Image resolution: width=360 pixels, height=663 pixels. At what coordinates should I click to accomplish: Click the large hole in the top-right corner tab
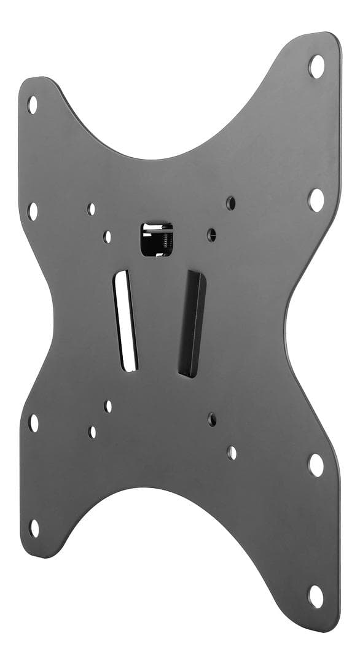pyautogui.click(x=316, y=66)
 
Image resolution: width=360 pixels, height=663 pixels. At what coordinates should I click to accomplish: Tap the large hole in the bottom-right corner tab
pyautogui.click(x=316, y=596)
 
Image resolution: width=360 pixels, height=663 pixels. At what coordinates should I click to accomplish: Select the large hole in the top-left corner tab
pyautogui.click(x=33, y=104)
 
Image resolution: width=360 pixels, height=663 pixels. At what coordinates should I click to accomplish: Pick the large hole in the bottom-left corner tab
pyautogui.click(x=34, y=527)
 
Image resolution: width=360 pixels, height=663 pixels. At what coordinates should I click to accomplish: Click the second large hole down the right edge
pyautogui.click(x=316, y=199)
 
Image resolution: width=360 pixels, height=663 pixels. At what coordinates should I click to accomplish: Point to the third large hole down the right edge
pyautogui.click(x=316, y=465)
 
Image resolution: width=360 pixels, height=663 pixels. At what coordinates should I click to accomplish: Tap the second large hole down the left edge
pyautogui.click(x=33, y=211)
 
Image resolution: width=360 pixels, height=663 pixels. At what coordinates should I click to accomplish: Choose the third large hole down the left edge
pyautogui.click(x=34, y=422)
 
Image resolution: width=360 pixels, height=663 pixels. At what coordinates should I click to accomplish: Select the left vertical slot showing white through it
pyautogui.click(x=125, y=320)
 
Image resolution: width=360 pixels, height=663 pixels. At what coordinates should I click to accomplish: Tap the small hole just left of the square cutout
pyautogui.click(x=108, y=236)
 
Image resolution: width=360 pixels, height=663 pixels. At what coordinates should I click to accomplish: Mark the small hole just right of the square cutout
pyautogui.click(x=211, y=235)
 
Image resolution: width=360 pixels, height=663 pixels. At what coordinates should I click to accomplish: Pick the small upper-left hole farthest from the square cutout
pyautogui.click(x=92, y=209)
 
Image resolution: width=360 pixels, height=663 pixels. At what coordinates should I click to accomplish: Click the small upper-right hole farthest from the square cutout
pyautogui.click(x=231, y=202)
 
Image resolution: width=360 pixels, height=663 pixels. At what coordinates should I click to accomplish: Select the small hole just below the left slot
pyautogui.click(x=108, y=406)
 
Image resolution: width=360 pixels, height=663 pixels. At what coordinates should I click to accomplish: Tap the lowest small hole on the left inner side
pyautogui.click(x=92, y=432)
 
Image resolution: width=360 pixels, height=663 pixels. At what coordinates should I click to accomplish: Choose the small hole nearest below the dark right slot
pyautogui.click(x=212, y=419)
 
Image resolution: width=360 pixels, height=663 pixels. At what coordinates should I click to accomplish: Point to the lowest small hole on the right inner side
pyautogui.click(x=232, y=453)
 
